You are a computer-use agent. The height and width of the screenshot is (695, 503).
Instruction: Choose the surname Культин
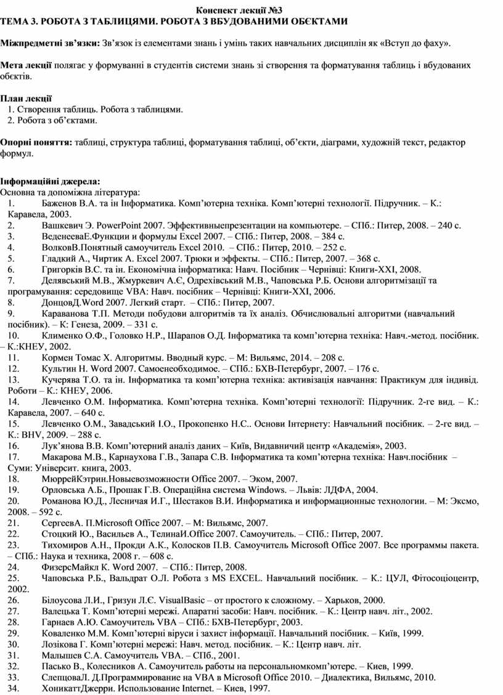point(60,368)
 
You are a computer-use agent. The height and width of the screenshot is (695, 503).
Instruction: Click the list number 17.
point(12,457)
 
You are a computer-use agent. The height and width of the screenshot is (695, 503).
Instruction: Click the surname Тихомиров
point(67,545)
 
